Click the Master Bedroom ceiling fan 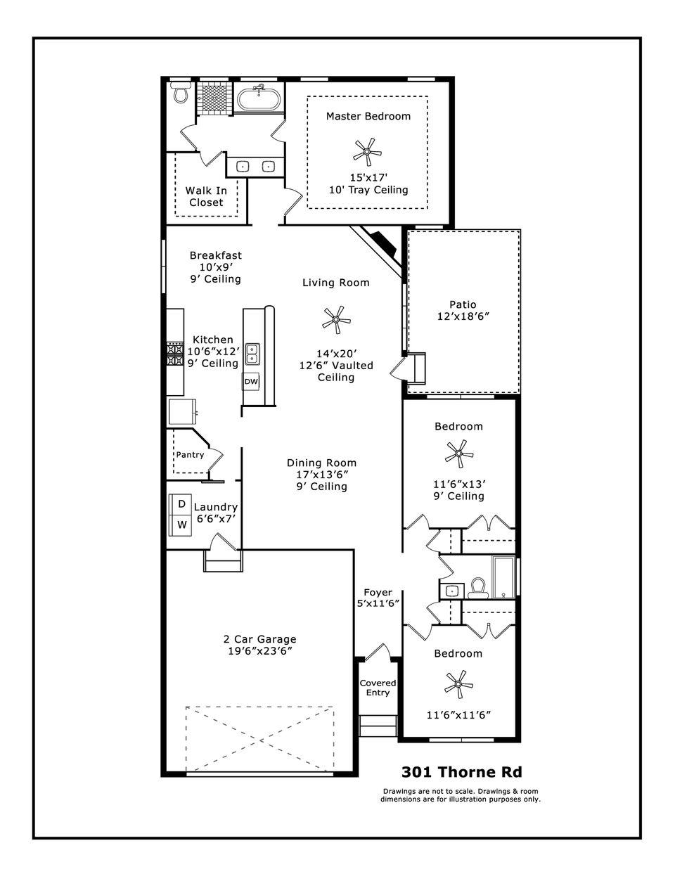coord(367,152)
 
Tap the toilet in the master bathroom coord(179,92)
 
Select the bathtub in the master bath coord(259,98)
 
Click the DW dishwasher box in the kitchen coord(251,381)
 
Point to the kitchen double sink coord(252,354)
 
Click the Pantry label coord(190,454)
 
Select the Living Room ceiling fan coord(336,320)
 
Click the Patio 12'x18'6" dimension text coord(463,316)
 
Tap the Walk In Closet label coord(206,196)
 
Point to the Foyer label coord(378,593)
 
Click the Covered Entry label coord(378,688)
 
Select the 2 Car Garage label coord(259,638)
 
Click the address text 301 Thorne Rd coord(462,772)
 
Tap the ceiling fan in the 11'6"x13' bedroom coord(458,454)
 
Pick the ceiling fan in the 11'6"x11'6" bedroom coord(458,684)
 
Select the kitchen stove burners coord(175,354)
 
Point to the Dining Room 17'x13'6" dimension coord(322,474)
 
